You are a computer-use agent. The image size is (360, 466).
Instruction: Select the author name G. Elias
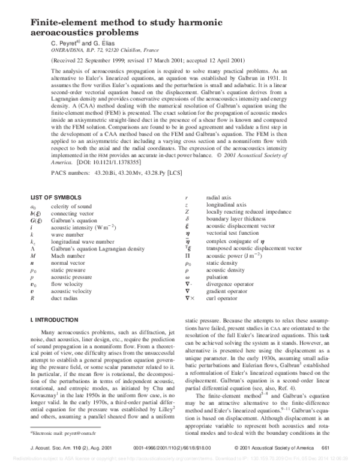click(x=97, y=43)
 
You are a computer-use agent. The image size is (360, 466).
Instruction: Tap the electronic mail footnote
click(x=60, y=432)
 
